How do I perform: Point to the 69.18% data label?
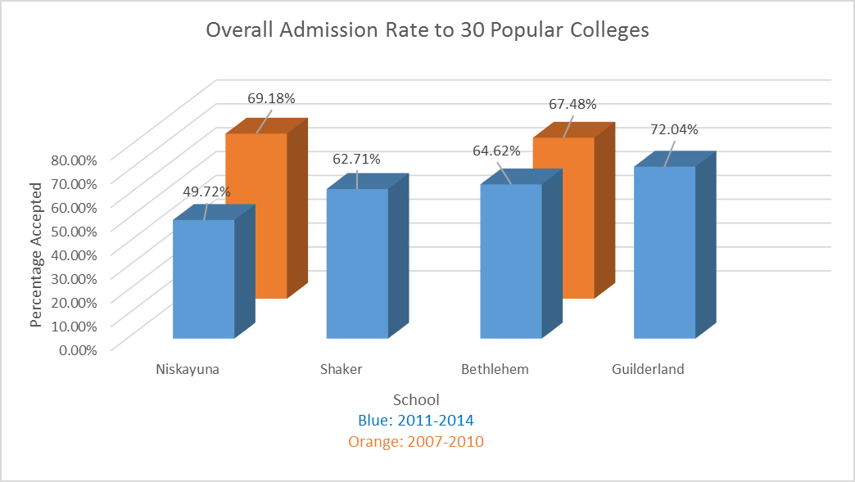[271, 98]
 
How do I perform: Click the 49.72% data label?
[206, 191]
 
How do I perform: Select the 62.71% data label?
[356, 160]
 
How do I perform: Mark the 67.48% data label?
[572, 104]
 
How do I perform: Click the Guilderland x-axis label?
[648, 369]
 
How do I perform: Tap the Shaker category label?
[342, 369]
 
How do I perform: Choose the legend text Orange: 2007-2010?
[416, 442]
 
